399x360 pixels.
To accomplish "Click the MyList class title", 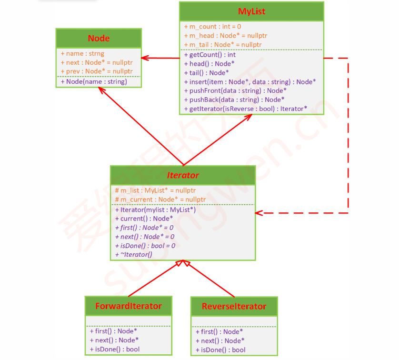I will click(251, 11).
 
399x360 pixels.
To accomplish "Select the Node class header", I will click(99, 39).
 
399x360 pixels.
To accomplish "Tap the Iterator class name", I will click(183, 175).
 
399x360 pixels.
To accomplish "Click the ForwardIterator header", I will click(128, 306).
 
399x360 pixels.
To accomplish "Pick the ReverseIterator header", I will click(234, 306).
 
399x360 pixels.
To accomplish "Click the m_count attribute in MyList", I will click(212, 27).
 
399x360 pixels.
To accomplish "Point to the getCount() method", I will click(209, 55).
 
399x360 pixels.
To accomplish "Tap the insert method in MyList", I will click(249, 82).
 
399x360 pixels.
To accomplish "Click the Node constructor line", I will click(94, 81).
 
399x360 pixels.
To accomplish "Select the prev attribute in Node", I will click(96, 71).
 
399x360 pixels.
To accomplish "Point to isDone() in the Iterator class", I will click(145, 246).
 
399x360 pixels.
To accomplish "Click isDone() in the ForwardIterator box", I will click(115, 349).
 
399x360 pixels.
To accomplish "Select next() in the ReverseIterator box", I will click(219, 340).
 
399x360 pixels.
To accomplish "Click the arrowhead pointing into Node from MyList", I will click(145, 58).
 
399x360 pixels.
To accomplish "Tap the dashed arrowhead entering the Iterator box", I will click(260, 213).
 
